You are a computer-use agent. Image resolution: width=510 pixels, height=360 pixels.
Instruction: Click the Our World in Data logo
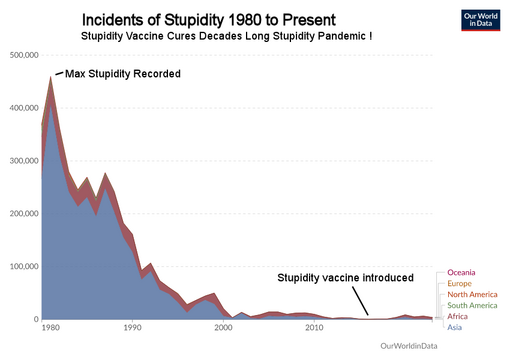pos(481,20)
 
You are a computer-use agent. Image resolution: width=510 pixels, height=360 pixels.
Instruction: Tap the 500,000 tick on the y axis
pos(24,55)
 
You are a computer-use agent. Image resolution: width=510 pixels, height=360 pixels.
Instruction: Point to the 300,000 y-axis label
pos(24,161)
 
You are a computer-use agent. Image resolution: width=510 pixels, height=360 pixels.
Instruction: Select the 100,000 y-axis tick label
pos(24,267)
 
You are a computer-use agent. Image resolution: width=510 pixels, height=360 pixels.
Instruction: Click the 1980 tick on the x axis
pos(51,328)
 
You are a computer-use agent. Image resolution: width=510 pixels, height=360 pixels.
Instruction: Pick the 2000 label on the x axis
pos(223,328)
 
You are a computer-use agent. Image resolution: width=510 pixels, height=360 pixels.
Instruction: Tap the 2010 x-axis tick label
pos(314,328)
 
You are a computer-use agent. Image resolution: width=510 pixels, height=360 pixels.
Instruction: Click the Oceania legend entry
pos(461,273)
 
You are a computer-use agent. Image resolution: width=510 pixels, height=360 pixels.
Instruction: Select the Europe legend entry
pos(459,284)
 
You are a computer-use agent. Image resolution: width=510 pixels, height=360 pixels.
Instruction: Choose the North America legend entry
pos(472,295)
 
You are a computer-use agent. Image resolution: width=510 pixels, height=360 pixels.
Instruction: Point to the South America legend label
pos(472,306)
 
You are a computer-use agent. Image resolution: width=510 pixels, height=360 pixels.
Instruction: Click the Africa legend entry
pos(457,316)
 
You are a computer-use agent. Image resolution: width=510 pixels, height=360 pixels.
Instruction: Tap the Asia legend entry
pos(455,327)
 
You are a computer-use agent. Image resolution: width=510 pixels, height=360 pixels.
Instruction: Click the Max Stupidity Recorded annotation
pos(123,74)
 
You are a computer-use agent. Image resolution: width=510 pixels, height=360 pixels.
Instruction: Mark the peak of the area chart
pos(51,77)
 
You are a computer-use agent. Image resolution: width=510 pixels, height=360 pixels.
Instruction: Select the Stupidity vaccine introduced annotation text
pos(345,278)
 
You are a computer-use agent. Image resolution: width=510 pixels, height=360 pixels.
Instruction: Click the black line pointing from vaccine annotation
pos(361,301)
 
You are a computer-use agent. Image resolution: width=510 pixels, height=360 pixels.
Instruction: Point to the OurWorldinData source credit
pos(409,346)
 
